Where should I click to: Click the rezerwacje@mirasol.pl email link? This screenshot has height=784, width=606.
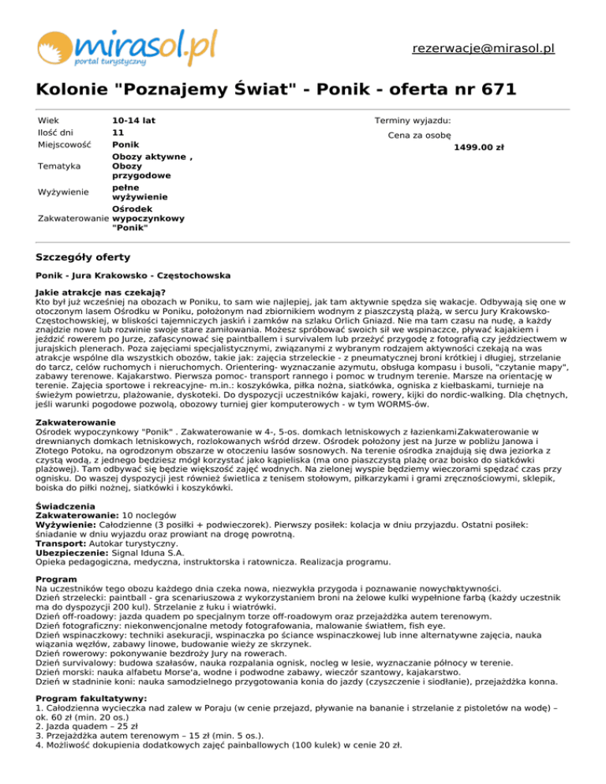[x=483, y=48]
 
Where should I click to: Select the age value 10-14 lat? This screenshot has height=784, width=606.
[x=133, y=120]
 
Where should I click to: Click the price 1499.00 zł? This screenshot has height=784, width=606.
[x=480, y=147]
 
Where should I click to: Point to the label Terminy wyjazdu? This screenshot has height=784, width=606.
[x=413, y=120]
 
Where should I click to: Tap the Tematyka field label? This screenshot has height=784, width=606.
[x=59, y=166]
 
